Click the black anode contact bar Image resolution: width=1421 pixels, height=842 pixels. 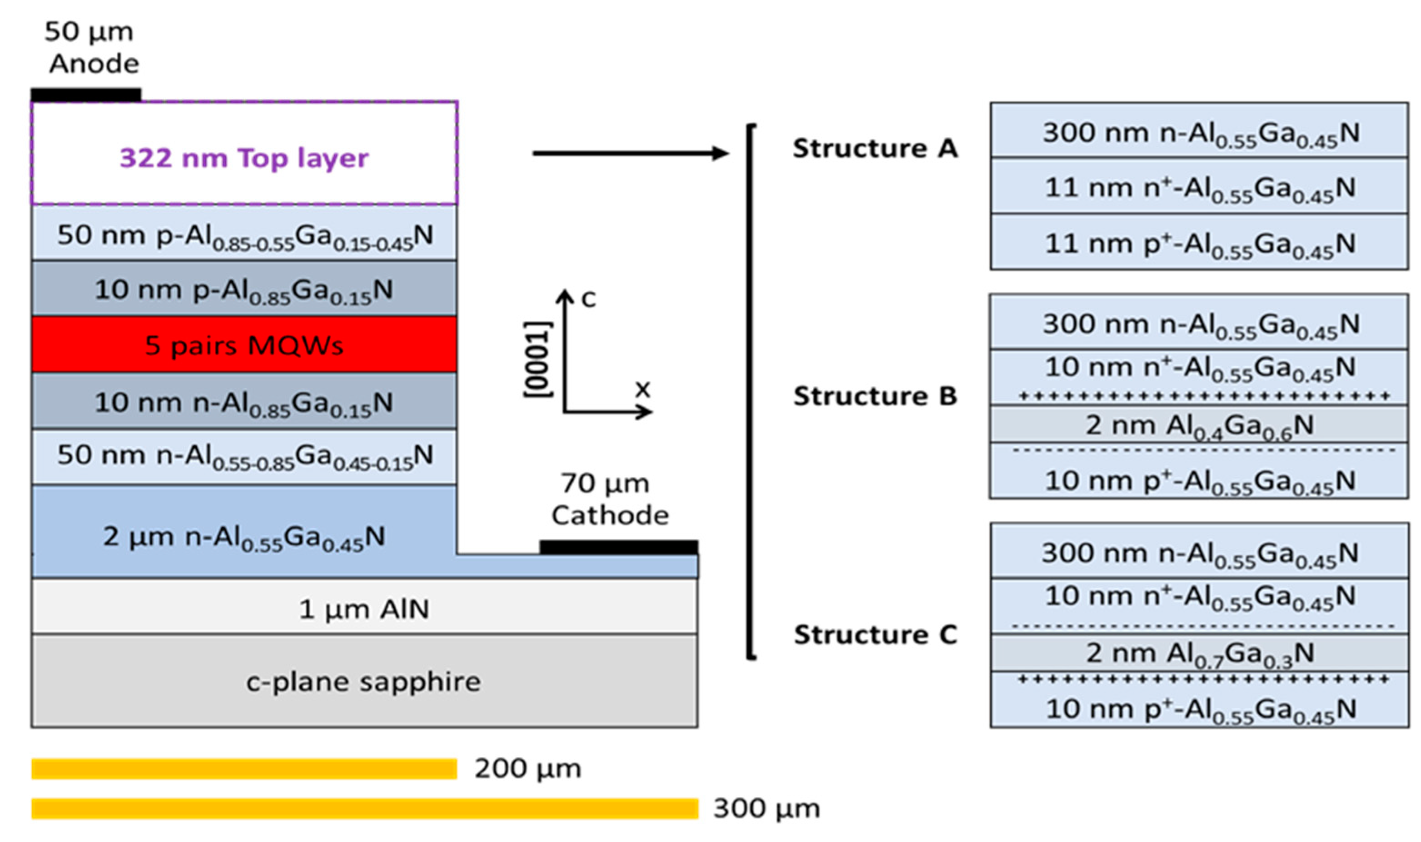pos(86,95)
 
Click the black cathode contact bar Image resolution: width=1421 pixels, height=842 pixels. pos(618,547)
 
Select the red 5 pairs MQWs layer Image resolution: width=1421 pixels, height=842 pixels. pos(244,344)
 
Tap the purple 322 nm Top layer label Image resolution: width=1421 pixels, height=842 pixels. pos(244,158)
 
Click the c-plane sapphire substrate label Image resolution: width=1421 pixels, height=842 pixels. pos(363,682)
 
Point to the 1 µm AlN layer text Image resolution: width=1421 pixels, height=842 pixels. pos(363,609)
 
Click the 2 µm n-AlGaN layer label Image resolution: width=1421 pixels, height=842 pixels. pos(244,536)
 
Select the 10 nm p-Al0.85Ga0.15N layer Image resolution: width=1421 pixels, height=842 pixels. pos(244,289)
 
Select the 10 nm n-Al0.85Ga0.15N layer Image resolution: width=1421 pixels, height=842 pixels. pos(244,402)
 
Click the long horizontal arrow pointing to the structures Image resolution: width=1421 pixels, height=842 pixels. pos(630,153)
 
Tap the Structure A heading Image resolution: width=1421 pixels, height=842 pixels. pos(874,149)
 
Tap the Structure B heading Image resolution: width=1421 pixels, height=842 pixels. pos(874,395)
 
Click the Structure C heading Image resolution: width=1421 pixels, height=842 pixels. pos(874,634)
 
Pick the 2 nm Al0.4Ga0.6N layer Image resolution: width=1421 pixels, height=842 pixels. pos(1199,425)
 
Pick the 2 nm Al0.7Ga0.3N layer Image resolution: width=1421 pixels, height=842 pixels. pos(1199,653)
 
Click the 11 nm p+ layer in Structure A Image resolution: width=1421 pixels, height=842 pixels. pos(1199,243)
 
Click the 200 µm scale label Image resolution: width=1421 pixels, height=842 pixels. pos(527,769)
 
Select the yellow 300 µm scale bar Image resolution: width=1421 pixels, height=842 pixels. pos(364,808)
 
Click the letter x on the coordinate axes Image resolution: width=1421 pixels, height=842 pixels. pos(642,389)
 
